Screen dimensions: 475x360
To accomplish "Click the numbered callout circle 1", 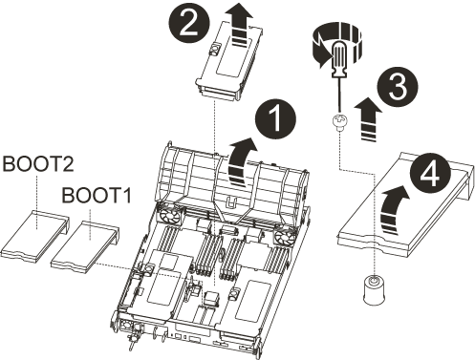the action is (275, 119).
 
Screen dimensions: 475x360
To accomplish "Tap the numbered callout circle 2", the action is (189, 24).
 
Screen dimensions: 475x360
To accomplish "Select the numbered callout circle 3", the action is (397, 87).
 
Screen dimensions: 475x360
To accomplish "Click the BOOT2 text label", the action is (38, 164).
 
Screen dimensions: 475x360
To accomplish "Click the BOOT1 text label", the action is (97, 195).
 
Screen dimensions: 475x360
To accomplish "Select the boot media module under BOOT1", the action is (85, 244).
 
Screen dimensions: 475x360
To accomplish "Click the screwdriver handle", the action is (338, 59).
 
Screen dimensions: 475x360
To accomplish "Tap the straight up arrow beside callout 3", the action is (368, 118).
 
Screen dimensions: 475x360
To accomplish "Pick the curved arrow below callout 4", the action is (393, 210).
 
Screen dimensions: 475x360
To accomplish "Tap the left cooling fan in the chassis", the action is (169, 217).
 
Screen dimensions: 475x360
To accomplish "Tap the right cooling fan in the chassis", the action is (284, 238).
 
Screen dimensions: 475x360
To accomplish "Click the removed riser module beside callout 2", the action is (228, 60).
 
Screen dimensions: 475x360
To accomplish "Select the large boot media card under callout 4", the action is (404, 203).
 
